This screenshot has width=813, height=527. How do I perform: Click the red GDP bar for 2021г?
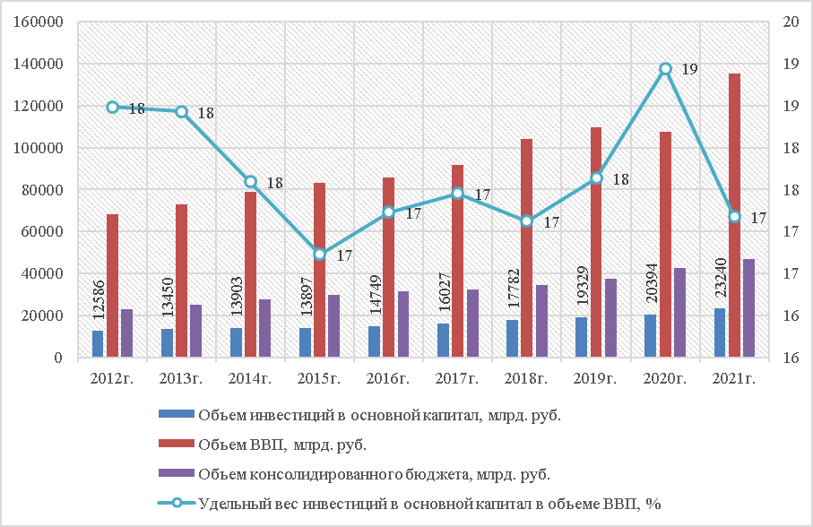733,215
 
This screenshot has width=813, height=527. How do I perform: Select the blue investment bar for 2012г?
98,344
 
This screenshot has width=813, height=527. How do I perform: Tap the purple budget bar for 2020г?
679,312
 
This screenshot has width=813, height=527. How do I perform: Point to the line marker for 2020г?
665,68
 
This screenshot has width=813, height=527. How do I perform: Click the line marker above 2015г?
320,255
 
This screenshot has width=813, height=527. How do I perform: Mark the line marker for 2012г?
113,108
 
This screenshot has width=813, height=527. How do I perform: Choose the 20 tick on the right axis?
791,22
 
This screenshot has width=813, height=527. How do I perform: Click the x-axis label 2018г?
527,378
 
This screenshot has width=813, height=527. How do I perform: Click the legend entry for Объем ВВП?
282,444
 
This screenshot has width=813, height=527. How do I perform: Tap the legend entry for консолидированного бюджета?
374,473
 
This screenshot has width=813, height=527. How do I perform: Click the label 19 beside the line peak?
690,69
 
